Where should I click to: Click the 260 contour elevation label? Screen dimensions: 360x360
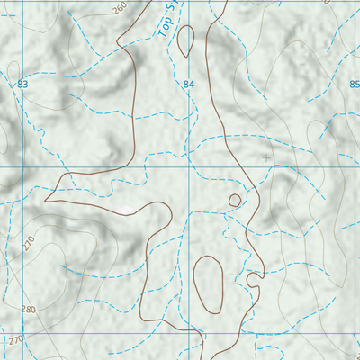point(121,8)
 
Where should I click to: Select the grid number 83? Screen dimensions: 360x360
point(22,84)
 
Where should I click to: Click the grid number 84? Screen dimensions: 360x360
point(188,85)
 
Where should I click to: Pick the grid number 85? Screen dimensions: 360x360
point(354,85)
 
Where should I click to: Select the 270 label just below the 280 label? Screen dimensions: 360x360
point(13,341)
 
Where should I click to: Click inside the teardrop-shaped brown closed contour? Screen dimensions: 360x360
point(186,40)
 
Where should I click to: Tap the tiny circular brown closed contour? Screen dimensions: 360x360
point(235,200)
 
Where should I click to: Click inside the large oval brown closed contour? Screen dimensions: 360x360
point(208,283)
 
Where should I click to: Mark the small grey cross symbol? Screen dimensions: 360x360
point(265,157)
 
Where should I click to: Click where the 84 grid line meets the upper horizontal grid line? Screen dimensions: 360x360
point(188,167)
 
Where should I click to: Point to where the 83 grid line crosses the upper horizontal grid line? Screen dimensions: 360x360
point(22,167)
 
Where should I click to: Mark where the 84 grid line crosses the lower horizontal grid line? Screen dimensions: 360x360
point(188,333)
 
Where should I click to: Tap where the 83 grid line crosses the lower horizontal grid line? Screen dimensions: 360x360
point(22,333)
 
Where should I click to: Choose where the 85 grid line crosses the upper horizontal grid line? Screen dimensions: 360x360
point(354,167)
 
